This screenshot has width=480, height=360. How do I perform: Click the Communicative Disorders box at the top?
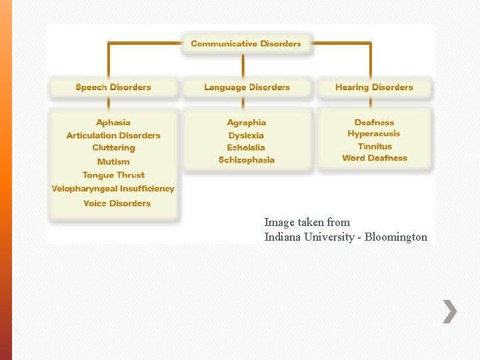246,44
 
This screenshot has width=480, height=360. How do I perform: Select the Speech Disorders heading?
113,87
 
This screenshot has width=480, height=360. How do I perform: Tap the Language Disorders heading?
247,87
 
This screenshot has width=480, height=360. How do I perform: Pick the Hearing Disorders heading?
374,87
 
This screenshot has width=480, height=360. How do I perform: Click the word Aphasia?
113,123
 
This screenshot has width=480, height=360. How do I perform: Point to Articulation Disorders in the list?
113,135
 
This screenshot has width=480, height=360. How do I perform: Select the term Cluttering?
113,148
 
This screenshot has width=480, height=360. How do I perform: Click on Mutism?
113,161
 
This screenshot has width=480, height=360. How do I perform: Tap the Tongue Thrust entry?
113,175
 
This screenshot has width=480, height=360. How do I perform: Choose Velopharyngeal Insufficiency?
113,189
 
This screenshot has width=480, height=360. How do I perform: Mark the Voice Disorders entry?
117,203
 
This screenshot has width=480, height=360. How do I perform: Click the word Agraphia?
247,123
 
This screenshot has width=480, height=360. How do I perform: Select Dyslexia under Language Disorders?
246,135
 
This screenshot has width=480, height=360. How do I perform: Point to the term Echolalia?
246,147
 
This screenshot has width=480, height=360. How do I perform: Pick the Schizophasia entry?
247,160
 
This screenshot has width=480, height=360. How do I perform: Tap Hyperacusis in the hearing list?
374,134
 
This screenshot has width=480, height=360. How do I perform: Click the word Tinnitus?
375,146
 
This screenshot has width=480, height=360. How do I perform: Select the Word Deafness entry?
375,158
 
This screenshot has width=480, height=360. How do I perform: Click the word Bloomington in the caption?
395,237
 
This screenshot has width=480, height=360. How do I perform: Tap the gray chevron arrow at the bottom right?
450,311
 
